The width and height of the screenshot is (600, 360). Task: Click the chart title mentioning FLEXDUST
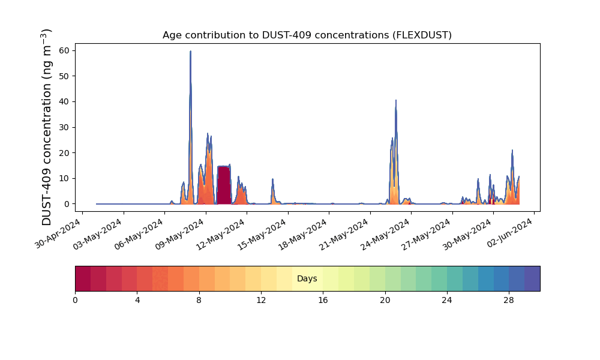[307, 35]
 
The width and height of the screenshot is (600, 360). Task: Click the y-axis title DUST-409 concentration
[46, 127]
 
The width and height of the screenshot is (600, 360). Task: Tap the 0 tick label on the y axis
[67, 204]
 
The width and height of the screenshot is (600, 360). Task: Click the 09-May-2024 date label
[179, 234]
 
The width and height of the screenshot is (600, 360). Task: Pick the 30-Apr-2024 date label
[58, 234]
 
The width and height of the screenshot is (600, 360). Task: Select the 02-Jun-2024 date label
[509, 234]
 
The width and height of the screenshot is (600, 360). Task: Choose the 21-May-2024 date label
[343, 234]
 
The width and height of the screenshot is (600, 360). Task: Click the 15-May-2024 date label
[262, 234]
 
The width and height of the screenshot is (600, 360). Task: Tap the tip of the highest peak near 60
[191, 51]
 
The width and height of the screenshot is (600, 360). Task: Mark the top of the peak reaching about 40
[396, 100]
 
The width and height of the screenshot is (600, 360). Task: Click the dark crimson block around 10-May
[224, 185]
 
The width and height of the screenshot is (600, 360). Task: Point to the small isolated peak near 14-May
[273, 179]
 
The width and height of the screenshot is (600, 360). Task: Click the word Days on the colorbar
[307, 278]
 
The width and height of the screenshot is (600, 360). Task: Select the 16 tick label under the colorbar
[323, 301]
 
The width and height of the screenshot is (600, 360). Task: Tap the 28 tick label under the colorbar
[509, 301]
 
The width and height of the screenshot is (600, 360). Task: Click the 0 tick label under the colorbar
[75, 301]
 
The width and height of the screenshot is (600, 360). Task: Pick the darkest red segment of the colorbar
[83, 278]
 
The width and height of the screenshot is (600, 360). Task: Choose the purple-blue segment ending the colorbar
[532, 278]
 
